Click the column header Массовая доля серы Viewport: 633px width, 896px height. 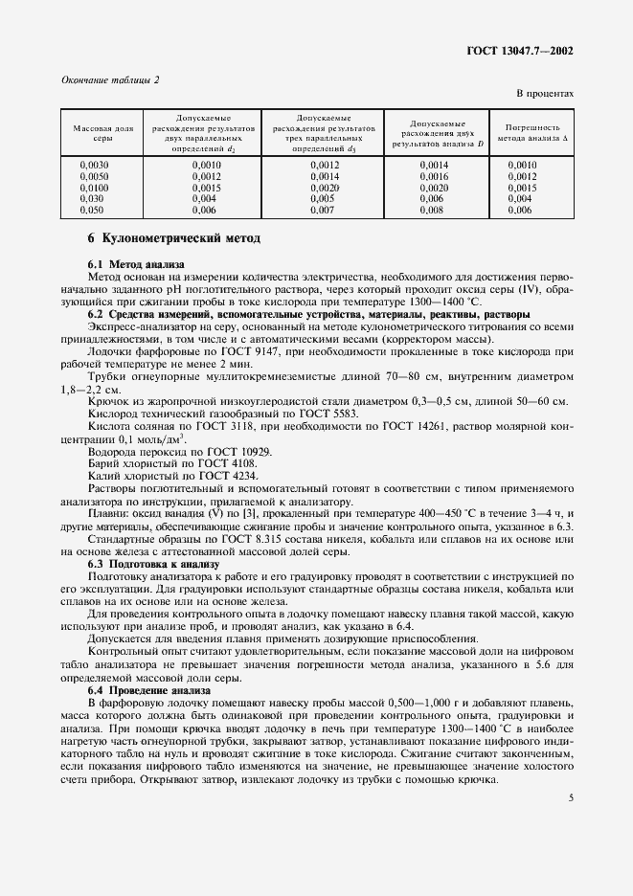pos(102,133)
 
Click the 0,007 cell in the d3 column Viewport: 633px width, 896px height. pos(323,210)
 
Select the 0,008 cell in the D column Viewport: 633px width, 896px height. pos(433,210)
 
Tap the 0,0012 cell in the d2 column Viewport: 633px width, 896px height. pos(206,177)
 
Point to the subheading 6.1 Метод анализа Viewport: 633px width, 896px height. pos(137,263)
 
